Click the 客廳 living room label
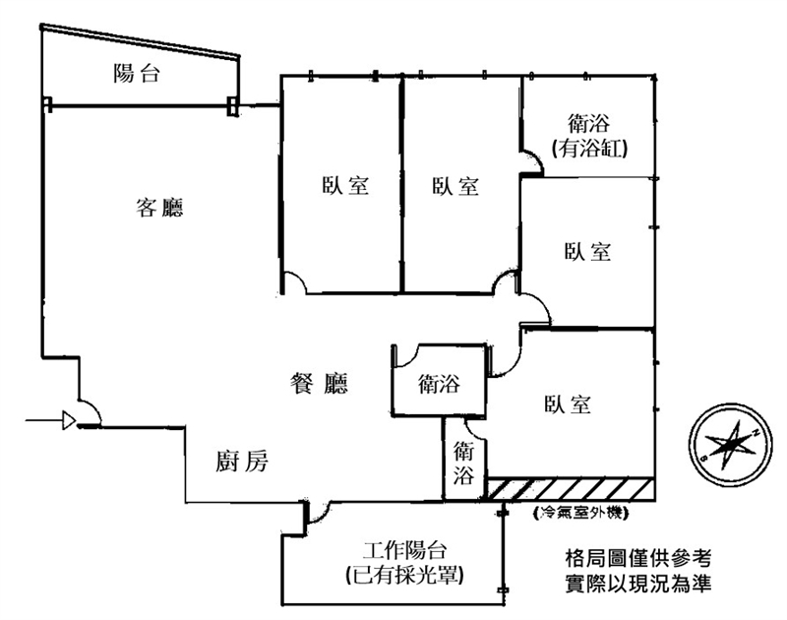tap(161, 208)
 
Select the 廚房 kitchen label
tap(241, 461)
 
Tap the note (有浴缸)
tap(589, 149)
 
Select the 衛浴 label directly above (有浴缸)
tap(589, 125)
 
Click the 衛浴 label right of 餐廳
tap(440, 382)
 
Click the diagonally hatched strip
tap(571, 488)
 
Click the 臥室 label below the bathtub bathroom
tap(588, 251)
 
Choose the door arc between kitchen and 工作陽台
tap(317, 511)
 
